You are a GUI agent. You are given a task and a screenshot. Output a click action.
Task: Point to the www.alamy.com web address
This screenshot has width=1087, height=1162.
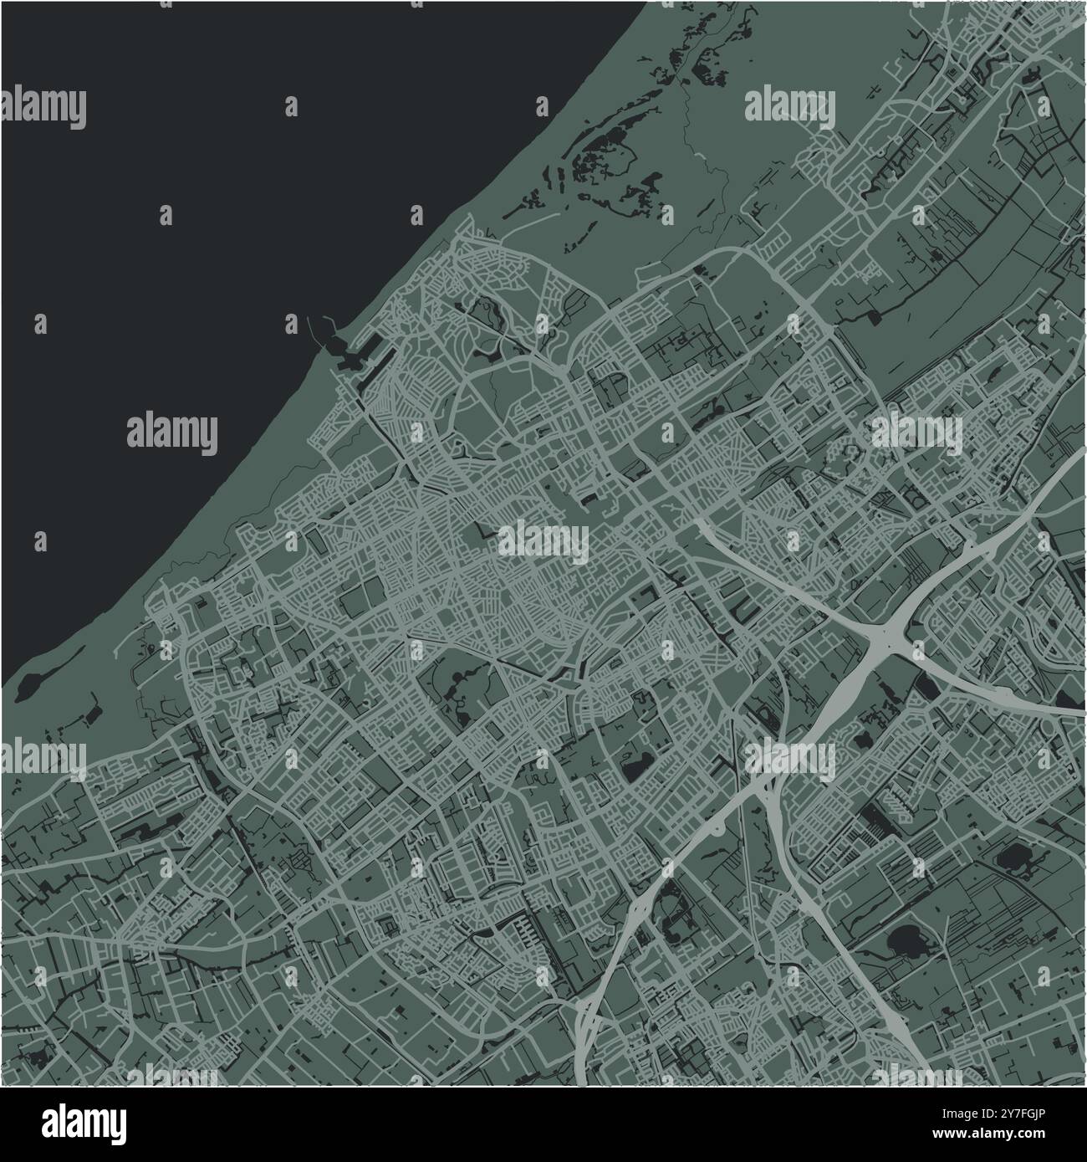(1003, 1137)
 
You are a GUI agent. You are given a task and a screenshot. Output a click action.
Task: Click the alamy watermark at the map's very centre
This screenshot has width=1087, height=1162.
(543, 544)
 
